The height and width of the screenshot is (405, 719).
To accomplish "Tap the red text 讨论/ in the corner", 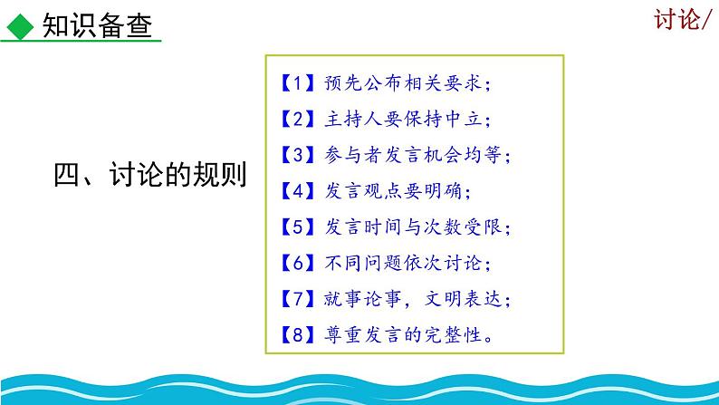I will [685, 20].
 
